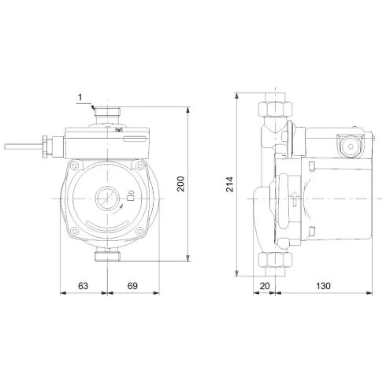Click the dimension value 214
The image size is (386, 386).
pyautogui.click(x=229, y=183)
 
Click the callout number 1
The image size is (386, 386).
pyautogui.click(x=81, y=98)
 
